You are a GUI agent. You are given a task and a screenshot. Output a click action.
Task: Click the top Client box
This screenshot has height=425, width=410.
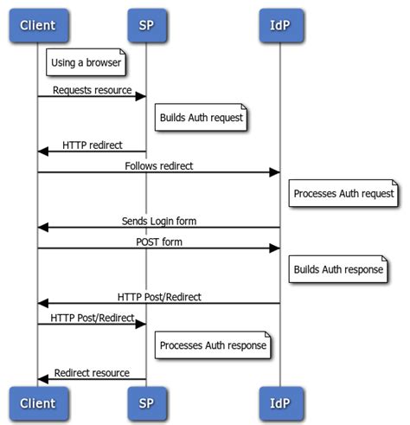pyautogui.click(x=36, y=25)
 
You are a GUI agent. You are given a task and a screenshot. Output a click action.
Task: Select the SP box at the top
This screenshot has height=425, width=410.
pyautogui.click(x=145, y=25)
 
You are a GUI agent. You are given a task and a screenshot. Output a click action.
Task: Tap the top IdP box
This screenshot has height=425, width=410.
pyautogui.click(x=280, y=25)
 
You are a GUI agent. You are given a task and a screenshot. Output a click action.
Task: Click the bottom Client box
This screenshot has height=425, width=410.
pyautogui.click(x=36, y=402)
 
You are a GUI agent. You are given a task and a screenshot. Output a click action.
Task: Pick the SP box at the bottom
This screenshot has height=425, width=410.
pyautogui.click(x=145, y=402)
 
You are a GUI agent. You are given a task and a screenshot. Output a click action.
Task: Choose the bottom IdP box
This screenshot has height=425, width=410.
pyautogui.click(x=280, y=402)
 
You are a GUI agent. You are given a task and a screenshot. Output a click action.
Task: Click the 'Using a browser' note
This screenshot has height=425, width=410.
pyautogui.click(x=86, y=62)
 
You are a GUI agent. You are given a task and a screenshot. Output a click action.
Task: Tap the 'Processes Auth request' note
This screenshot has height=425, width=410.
pyautogui.click(x=343, y=194)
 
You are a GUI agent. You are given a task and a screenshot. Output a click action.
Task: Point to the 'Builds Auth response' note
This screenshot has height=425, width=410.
pyautogui.click(x=337, y=270)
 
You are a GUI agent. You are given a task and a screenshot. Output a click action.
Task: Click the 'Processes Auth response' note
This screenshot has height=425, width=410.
pyautogui.click(x=213, y=346)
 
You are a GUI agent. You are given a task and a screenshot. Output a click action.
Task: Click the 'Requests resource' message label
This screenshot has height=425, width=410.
pyautogui.click(x=92, y=89)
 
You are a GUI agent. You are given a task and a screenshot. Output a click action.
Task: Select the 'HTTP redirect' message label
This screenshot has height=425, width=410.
pyautogui.click(x=92, y=145)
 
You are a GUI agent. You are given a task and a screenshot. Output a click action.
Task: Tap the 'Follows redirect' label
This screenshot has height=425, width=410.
pyautogui.click(x=159, y=165)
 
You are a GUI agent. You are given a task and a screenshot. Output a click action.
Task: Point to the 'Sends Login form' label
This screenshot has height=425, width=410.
pyautogui.click(x=159, y=221)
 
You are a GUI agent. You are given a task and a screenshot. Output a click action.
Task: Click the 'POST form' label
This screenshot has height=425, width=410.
pyautogui.click(x=159, y=241)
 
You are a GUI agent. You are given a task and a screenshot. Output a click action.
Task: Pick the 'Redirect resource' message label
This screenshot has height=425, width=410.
pyautogui.click(x=92, y=373)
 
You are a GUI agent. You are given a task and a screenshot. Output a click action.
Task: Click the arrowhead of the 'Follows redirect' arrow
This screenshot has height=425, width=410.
pyautogui.click(x=274, y=172)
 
